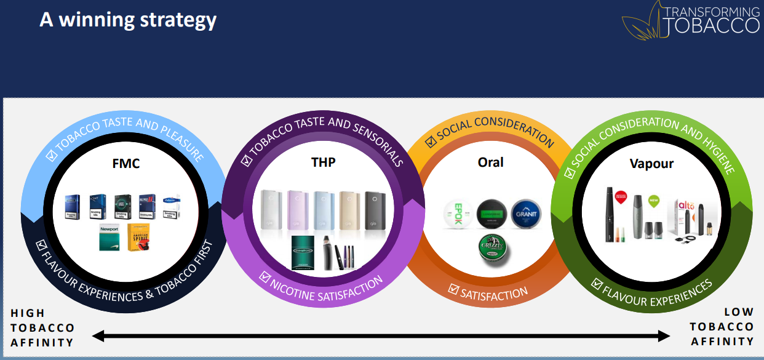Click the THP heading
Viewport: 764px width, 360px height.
(x=324, y=162)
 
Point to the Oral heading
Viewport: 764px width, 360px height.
(x=490, y=162)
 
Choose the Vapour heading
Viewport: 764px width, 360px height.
(x=651, y=164)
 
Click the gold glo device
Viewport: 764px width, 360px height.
(x=349, y=209)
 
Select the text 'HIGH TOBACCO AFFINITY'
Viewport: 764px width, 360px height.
(x=42, y=328)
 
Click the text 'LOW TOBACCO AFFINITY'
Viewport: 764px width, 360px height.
(x=722, y=327)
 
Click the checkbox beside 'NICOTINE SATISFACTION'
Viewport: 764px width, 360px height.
(x=265, y=276)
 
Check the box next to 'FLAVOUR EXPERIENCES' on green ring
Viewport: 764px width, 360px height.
(x=597, y=284)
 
